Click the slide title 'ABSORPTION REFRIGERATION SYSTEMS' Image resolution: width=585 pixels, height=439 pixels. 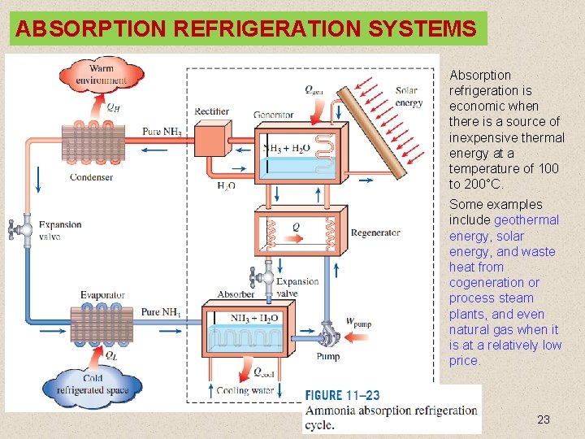245,29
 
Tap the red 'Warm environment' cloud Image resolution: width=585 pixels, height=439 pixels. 102,73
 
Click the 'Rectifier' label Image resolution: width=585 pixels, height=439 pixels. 211,111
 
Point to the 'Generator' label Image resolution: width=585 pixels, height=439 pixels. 273,115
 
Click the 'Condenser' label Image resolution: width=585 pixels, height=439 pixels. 91,177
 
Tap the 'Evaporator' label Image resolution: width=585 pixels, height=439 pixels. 102,295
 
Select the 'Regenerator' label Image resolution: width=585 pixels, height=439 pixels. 375,233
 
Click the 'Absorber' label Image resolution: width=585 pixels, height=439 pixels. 236,294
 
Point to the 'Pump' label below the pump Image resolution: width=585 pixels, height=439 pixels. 327,356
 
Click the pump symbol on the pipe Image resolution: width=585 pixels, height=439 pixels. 327,336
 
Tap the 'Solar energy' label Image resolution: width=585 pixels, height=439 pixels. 407,97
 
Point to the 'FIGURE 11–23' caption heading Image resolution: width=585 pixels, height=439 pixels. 342,396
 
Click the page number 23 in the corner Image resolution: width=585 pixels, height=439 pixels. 544,419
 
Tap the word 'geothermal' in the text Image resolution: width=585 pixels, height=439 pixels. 526,219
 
